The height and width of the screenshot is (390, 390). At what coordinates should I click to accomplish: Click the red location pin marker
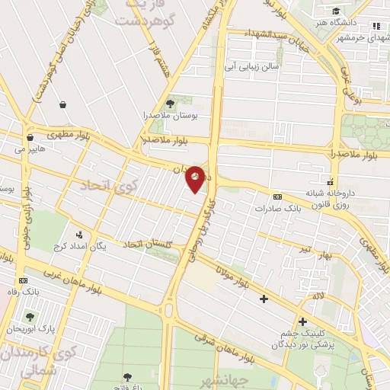[x=196, y=178]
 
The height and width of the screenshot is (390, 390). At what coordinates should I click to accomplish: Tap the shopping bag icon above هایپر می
[x=30, y=138]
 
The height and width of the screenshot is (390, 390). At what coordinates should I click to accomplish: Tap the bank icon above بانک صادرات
[x=277, y=196]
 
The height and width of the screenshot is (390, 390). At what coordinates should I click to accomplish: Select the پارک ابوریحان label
[x=27, y=328]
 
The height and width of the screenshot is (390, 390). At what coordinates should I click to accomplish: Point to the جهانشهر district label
[x=222, y=379]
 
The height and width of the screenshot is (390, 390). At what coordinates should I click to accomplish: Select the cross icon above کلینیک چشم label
[x=303, y=321]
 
